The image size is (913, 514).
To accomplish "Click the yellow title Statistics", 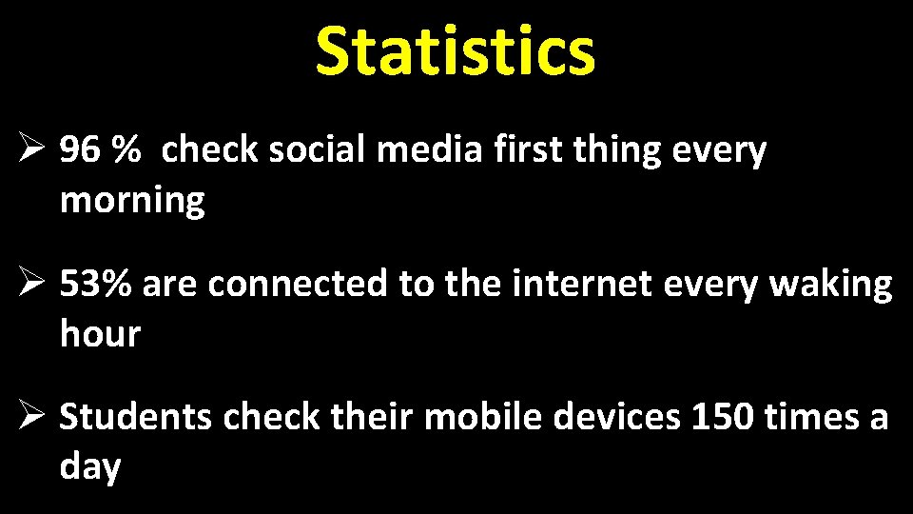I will pyautogui.click(x=456, y=51).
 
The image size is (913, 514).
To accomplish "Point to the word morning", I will pyautogui.click(x=132, y=202).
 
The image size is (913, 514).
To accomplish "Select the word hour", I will pyautogui.click(x=100, y=334).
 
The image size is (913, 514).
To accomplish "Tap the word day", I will pyautogui.click(x=90, y=468).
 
